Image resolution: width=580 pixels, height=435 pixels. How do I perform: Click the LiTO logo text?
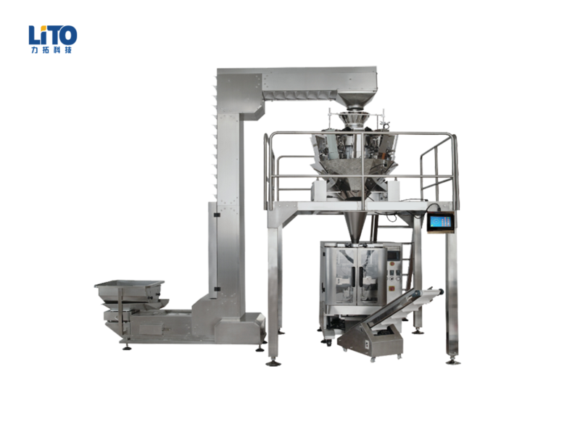(53, 35)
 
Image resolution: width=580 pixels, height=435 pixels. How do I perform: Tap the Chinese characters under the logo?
(51, 50)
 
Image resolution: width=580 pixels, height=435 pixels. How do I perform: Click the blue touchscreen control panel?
(440, 223)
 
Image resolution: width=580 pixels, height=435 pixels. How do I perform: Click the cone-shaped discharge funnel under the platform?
(355, 227)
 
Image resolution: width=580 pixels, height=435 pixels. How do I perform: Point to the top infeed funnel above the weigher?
(356, 98)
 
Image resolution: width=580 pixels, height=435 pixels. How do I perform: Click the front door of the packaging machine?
(355, 275)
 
